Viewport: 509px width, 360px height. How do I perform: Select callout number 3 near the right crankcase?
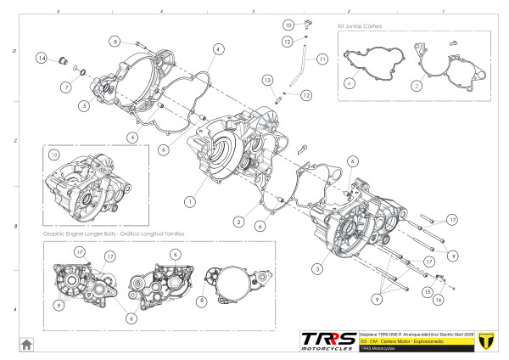click(x=316, y=269)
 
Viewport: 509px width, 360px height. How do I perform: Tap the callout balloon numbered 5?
click(x=84, y=106)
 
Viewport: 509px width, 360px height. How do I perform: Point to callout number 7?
click(x=65, y=87)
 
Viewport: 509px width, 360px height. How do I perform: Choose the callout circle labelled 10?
click(x=288, y=25)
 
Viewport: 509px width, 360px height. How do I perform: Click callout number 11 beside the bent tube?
click(x=322, y=59)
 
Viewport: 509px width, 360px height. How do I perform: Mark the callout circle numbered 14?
click(x=41, y=58)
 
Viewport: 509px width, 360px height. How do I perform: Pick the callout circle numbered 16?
click(x=439, y=300)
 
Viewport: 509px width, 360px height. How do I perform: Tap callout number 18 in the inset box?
click(x=53, y=155)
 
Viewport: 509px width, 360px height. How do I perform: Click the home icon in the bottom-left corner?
click(x=26, y=344)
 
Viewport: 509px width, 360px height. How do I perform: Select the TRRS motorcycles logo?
click(x=327, y=340)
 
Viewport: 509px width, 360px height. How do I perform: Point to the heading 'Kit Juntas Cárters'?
click(x=361, y=26)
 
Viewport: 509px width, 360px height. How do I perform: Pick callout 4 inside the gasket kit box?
click(x=349, y=84)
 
